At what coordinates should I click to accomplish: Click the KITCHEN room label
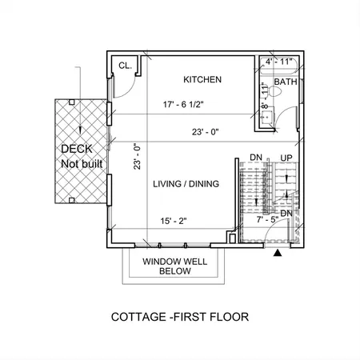point(202,80)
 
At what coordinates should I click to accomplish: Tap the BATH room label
point(285,82)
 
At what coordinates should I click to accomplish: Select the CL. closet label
point(125,66)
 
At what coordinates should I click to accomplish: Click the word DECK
point(76,150)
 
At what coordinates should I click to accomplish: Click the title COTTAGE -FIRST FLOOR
point(180,317)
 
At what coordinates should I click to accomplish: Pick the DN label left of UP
point(256,158)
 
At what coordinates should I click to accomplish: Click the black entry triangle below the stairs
point(278,253)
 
